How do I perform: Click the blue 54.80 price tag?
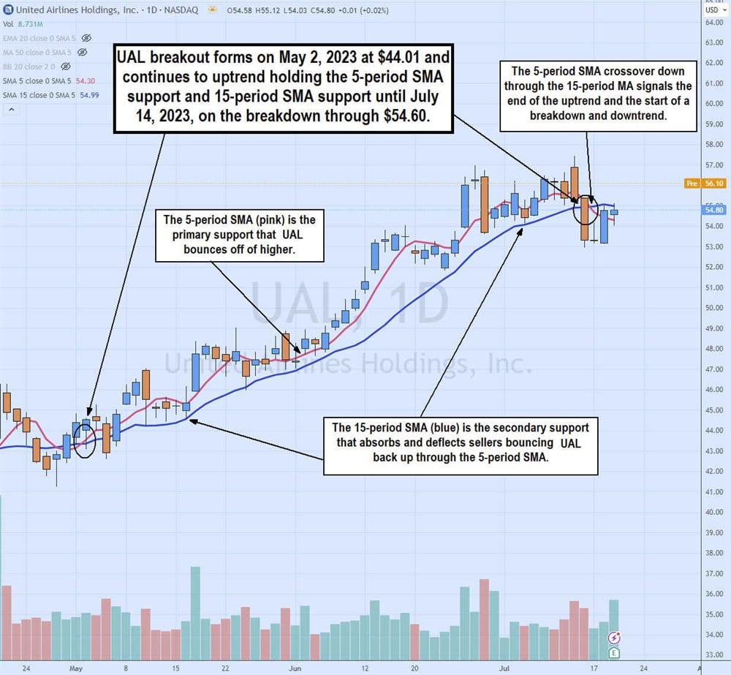(711, 210)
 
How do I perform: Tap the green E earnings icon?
(614, 652)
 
